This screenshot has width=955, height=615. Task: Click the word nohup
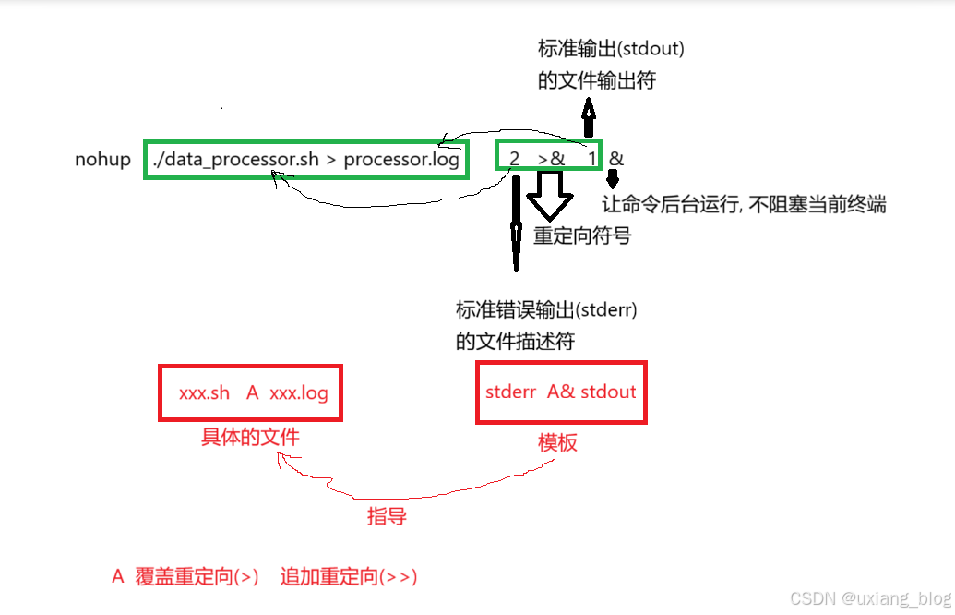click(x=103, y=160)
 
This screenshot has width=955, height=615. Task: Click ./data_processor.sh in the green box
click(x=236, y=160)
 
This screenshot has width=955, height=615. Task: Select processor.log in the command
click(x=401, y=160)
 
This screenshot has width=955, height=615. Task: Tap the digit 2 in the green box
click(x=514, y=160)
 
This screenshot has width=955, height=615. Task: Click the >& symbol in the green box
click(x=551, y=160)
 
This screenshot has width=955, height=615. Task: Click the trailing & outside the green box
click(x=616, y=159)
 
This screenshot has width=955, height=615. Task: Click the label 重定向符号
click(x=582, y=235)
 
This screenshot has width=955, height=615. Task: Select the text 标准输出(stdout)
click(x=611, y=49)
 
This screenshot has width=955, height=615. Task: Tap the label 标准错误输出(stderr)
click(x=546, y=309)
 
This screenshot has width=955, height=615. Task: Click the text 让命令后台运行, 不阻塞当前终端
click(x=744, y=204)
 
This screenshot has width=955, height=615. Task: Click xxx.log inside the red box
click(x=298, y=392)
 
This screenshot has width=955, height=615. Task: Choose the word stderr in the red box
click(x=510, y=391)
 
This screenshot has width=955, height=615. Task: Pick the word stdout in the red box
click(x=608, y=391)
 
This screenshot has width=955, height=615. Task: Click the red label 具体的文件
click(x=250, y=437)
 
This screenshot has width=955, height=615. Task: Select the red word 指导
click(x=387, y=516)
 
